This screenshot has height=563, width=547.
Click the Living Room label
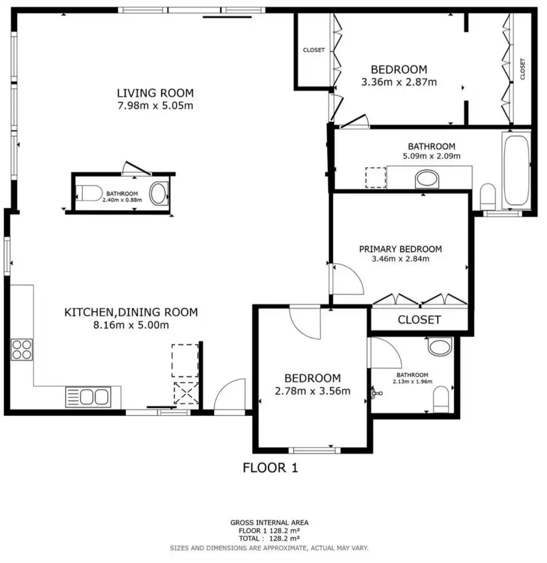tap(155, 93)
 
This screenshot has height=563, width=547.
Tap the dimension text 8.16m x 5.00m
tap(131, 325)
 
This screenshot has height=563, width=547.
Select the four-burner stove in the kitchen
tap(22, 350)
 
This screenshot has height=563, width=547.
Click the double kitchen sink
tap(88, 397)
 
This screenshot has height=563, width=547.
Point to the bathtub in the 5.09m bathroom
tap(516, 170)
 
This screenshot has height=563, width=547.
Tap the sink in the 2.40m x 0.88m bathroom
tap(158, 193)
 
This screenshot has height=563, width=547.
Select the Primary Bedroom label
tap(400, 249)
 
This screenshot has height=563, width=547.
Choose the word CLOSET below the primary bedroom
tap(419, 320)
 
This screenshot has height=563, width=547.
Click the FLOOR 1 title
tap(270, 468)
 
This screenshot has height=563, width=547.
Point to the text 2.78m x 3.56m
tap(312, 390)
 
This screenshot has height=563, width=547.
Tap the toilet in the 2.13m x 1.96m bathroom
tap(441, 399)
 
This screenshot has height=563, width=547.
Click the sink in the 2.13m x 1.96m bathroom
tap(440, 347)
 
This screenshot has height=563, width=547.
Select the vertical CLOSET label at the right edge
tap(522, 69)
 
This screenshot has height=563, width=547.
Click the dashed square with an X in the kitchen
tap(186, 393)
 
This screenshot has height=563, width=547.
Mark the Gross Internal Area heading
tap(269, 522)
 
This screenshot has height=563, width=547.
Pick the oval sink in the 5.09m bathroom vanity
tap(427, 179)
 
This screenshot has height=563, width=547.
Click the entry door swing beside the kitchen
tap(230, 394)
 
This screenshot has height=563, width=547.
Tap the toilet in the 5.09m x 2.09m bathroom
tap(488, 197)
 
